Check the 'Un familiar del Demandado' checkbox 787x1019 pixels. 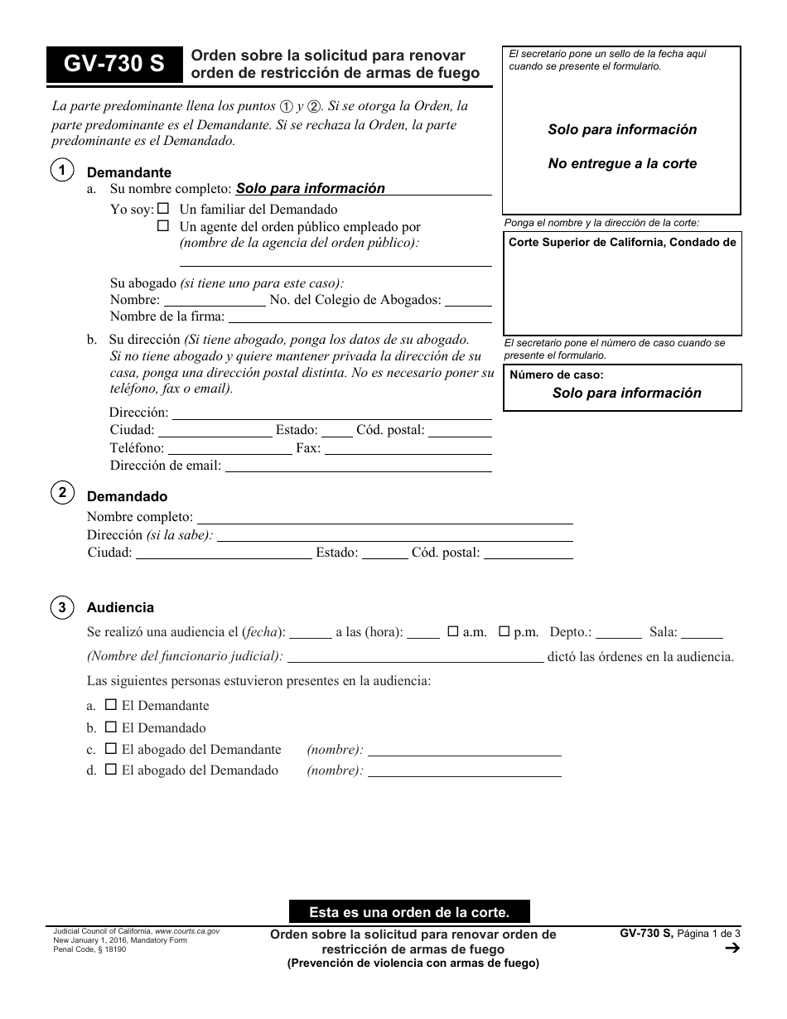coord(163,209)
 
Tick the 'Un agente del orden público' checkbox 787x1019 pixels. coord(163,225)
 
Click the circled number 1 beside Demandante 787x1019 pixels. coord(62,171)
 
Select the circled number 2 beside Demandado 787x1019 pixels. coord(62,494)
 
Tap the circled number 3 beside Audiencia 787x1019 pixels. coord(62,607)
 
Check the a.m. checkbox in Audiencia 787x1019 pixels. coord(453,631)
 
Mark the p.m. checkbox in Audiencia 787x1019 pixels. coord(504,631)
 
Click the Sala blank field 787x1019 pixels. coord(702,634)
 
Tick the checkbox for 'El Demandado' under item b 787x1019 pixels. coord(111,727)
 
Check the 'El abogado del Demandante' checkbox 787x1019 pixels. coord(111,749)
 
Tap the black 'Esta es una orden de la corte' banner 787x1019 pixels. coord(409,912)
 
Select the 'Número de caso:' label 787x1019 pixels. coord(556,374)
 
